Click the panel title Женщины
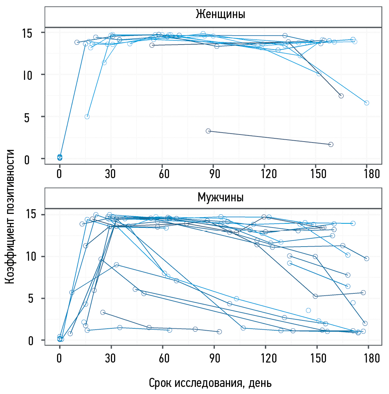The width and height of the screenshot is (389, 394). pyautogui.click(x=220, y=15)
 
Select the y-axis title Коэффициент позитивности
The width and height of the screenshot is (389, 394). pyautogui.click(x=11, y=216)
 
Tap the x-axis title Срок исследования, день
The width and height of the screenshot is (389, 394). pyautogui.click(x=210, y=383)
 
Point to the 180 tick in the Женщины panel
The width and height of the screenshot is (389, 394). pyautogui.click(x=367, y=174)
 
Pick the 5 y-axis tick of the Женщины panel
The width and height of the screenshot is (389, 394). pyautogui.click(x=27, y=117)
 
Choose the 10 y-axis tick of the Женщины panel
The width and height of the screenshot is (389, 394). pyautogui.click(x=24, y=75)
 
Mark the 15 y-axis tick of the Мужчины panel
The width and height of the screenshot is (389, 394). pyautogui.click(x=24, y=215)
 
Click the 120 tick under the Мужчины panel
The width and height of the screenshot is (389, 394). pyautogui.click(x=265, y=358)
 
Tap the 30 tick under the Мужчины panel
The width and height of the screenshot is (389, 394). pyautogui.click(x=111, y=358)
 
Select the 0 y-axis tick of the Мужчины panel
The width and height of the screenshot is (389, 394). pyautogui.click(x=27, y=341)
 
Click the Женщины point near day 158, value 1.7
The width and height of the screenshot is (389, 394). pyautogui.click(x=331, y=144)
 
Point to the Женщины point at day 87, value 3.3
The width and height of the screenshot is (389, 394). pyautogui.click(x=208, y=131)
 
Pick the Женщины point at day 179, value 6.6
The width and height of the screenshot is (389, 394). pyautogui.click(x=367, y=103)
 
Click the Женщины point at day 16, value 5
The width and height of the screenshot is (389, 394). pyautogui.click(x=87, y=117)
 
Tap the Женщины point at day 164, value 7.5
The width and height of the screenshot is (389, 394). pyautogui.click(x=341, y=96)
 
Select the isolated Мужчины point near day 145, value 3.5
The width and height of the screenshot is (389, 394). pyautogui.click(x=308, y=310)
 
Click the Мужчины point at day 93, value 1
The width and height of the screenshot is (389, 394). pyautogui.click(x=219, y=331)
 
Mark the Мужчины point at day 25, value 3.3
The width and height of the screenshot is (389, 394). pyautogui.click(x=103, y=312)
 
